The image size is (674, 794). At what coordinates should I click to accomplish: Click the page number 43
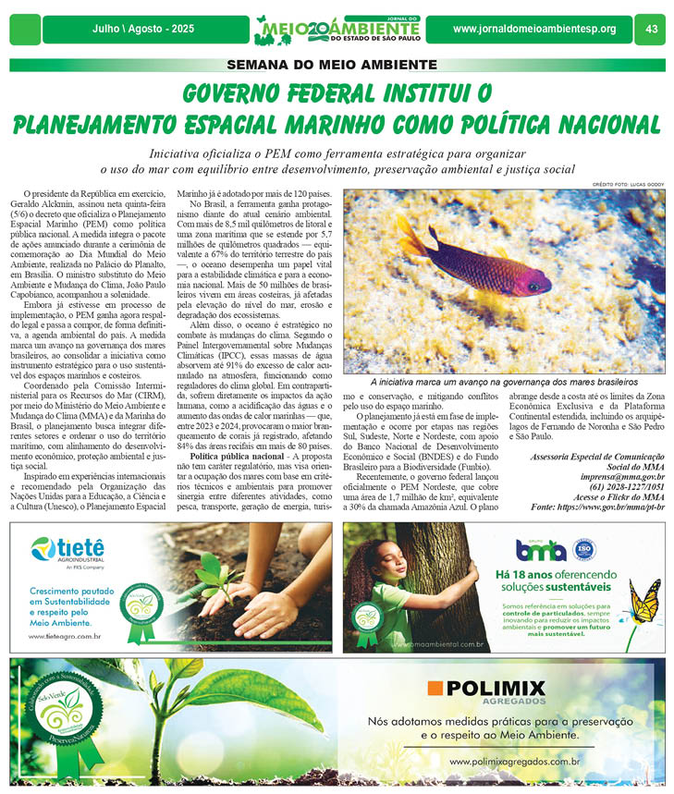point(651,29)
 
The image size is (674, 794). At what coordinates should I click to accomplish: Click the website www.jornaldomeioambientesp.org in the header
point(533,29)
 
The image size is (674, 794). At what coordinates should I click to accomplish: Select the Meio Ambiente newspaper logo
point(337,30)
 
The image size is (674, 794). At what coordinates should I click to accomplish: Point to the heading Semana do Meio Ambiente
point(337,65)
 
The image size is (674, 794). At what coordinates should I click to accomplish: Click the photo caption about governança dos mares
point(504,381)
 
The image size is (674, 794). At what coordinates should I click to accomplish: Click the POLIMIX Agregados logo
point(487,691)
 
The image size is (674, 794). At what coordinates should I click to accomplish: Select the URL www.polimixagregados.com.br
point(514,762)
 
